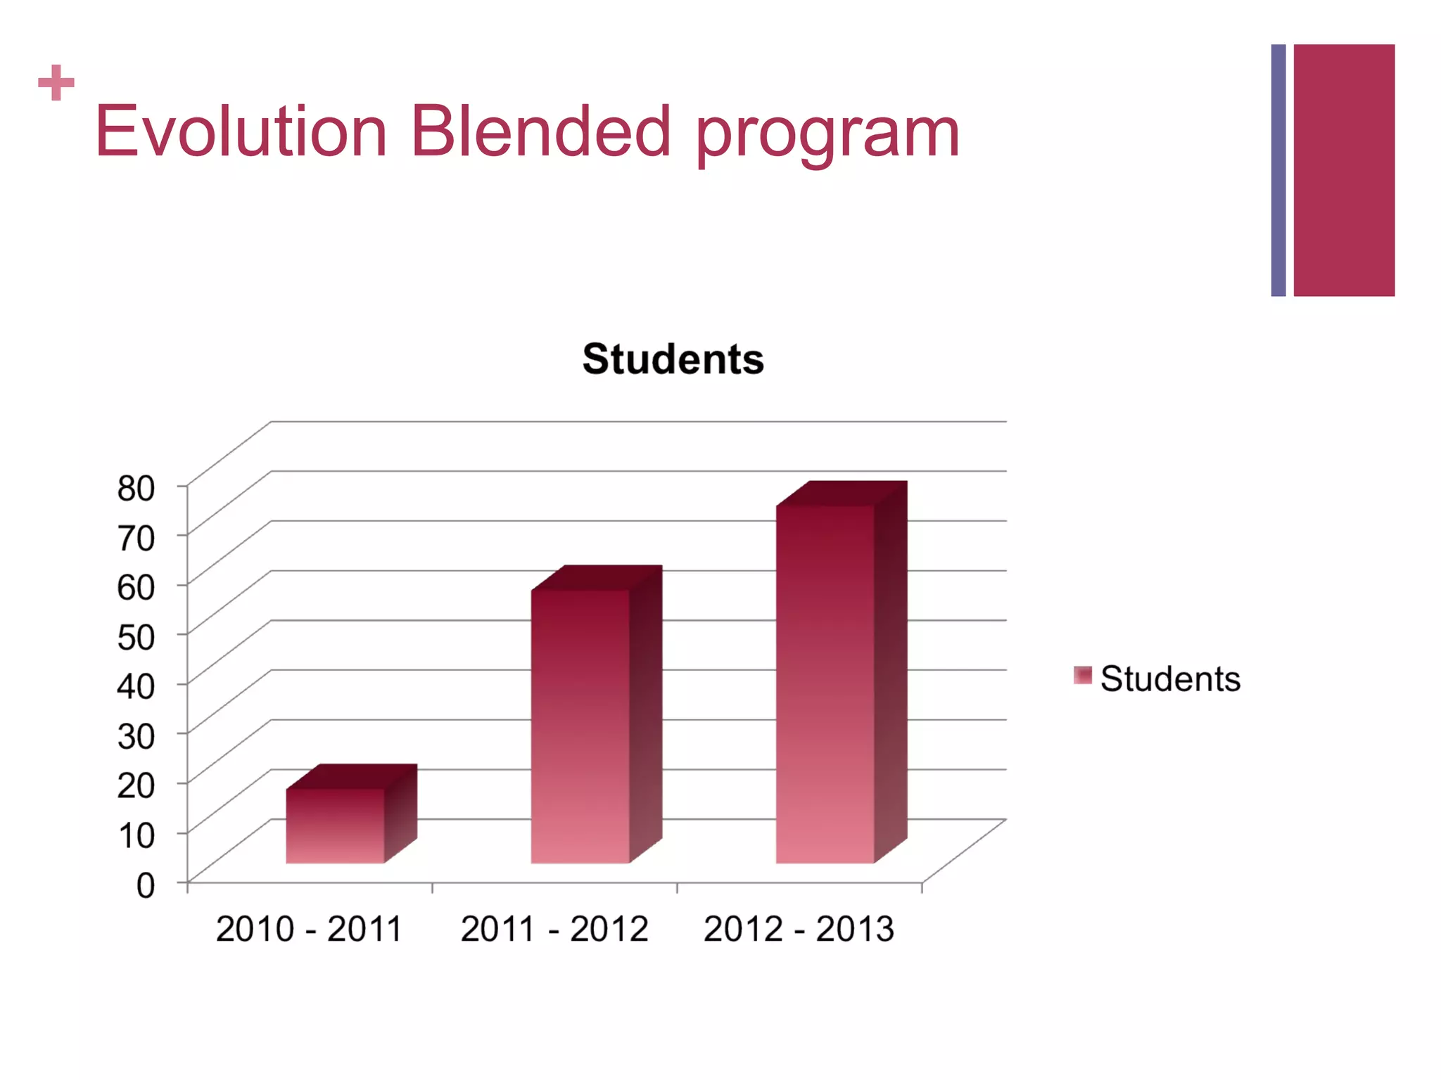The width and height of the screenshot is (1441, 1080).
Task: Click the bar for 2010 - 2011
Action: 335,825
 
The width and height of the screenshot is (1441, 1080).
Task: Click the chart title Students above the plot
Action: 673,359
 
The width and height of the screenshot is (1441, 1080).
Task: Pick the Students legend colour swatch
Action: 1082,676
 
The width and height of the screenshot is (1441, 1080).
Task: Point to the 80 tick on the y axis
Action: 137,488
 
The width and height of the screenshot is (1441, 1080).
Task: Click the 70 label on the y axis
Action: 137,538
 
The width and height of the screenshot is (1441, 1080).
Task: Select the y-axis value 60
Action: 137,587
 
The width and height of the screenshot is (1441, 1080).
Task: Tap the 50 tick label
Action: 137,637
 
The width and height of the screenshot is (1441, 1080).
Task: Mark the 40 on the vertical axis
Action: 137,686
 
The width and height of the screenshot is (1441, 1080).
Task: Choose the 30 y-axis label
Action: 137,736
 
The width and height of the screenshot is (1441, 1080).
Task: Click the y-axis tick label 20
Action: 137,785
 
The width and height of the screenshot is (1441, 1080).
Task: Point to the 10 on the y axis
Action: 137,835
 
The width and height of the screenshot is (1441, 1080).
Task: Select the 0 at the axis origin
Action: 146,885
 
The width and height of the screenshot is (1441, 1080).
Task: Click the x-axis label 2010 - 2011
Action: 309,929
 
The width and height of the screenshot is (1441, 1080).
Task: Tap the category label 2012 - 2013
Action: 799,929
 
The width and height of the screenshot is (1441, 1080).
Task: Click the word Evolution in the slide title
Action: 241,131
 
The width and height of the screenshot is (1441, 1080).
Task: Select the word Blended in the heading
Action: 540,131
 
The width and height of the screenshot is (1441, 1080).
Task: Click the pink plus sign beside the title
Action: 56,83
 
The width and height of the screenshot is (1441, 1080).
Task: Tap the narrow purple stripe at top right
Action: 1278,170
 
